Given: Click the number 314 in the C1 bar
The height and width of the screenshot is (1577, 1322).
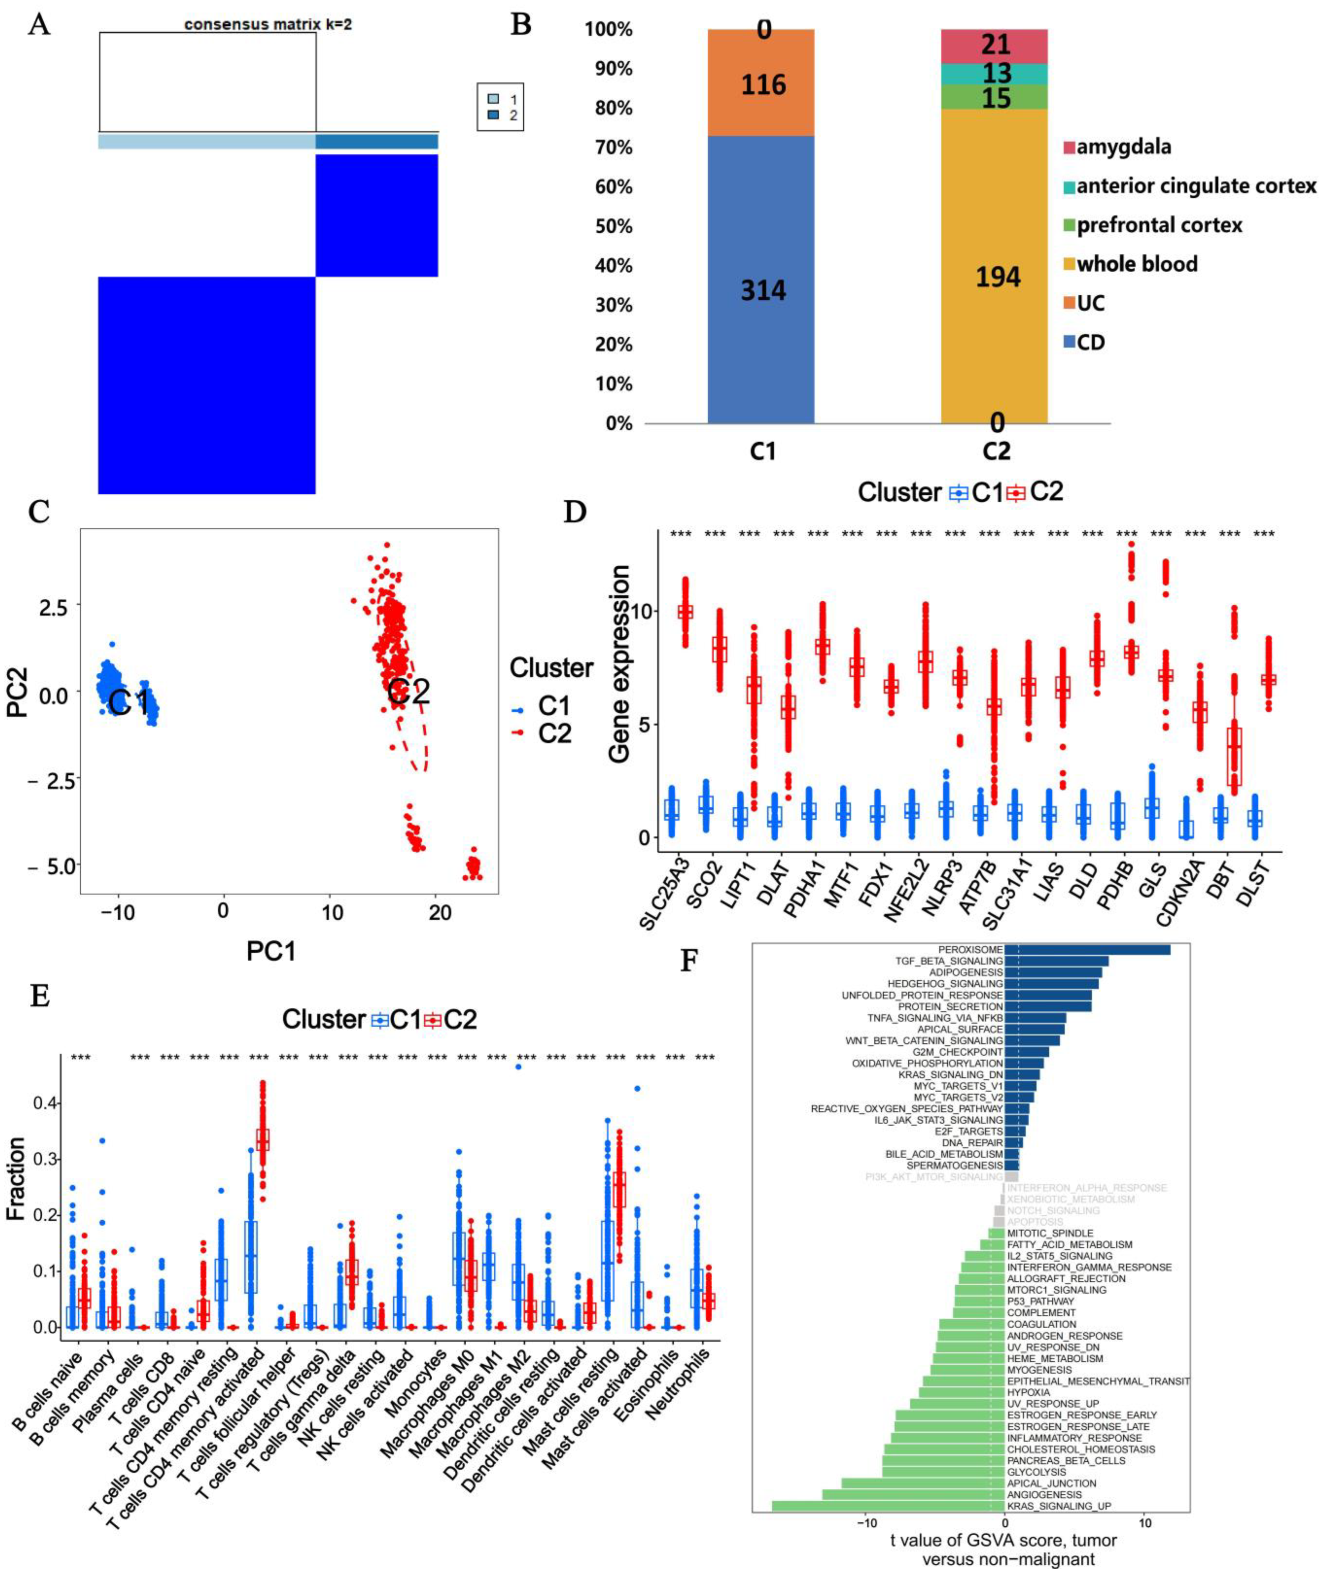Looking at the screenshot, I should [x=763, y=290].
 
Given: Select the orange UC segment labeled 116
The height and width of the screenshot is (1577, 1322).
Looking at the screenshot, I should [x=763, y=84].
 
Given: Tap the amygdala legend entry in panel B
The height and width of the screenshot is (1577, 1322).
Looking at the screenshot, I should [x=1123, y=147].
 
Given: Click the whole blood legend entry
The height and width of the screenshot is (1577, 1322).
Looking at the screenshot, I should [x=1137, y=264].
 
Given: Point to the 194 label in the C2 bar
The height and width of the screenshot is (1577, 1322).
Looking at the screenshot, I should [x=997, y=277].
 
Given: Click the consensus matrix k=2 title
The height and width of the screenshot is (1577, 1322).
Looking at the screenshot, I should [x=268, y=25].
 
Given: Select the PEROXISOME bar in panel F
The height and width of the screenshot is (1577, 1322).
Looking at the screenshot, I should [x=1087, y=950].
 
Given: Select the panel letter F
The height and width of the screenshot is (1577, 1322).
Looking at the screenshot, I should [x=689, y=960].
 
